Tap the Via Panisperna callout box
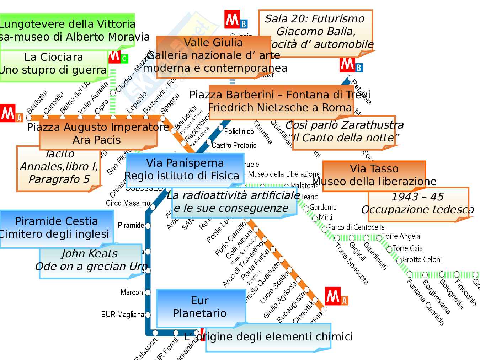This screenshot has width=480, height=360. point(185,170)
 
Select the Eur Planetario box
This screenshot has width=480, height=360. point(201,307)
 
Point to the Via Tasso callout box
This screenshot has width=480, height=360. point(374,175)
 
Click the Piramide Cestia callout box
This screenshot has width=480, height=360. point(56,228)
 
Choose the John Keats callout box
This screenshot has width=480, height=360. point(90,260)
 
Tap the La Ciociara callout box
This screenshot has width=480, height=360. point(53,64)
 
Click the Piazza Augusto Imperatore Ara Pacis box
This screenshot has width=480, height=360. point(97,134)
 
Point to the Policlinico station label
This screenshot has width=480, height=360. point(239,131)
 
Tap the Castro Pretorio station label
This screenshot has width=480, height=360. point(234,145)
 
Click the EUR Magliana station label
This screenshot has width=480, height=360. point(123,315)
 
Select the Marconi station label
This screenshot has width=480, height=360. point(132,292)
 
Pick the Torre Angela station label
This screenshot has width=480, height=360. point(401,236)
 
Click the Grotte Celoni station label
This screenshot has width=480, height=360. point(422,259)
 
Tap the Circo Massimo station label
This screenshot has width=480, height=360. point(128,203)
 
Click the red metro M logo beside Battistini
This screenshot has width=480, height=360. point(7,113)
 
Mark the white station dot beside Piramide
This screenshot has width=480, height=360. point(148,226)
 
